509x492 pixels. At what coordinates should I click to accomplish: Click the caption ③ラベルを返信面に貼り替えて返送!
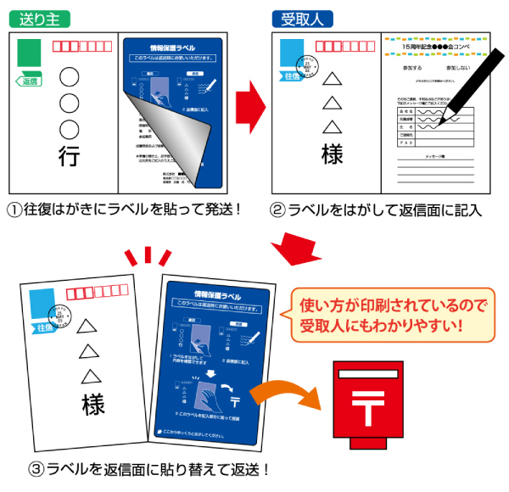pyautogui.click(x=152, y=468)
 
